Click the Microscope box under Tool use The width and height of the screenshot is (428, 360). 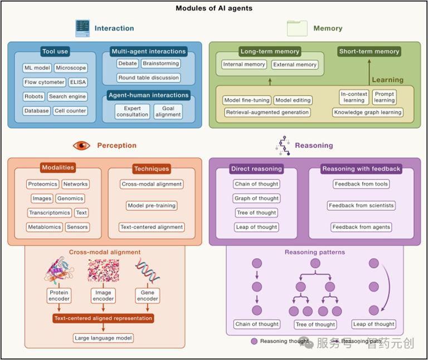(x=71, y=67)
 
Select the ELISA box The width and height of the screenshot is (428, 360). (x=78, y=82)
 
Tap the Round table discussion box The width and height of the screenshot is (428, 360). (x=149, y=78)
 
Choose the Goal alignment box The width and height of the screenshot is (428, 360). (x=168, y=111)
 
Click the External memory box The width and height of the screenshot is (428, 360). (x=295, y=65)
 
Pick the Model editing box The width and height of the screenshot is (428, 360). (x=293, y=100)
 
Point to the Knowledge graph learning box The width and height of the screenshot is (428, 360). (x=368, y=112)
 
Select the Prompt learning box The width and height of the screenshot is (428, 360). (x=385, y=97)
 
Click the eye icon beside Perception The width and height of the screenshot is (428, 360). (x=81, y=145)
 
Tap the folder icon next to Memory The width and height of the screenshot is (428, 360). (x=297, y=28)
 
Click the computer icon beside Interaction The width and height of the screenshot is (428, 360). (x=82, y=28)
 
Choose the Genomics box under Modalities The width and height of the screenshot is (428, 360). (x=70, y=198)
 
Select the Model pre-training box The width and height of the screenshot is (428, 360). (x=152, y=206)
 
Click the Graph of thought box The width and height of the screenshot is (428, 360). (x=256, y=198)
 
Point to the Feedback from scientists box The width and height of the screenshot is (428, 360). (x=361, y=206)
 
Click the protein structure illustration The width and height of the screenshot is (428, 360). (x=59, y=270)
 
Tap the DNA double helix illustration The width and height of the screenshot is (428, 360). (x=147, y=270)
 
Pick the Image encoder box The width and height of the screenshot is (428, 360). (x=103, y=296)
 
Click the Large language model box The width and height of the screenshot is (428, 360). (x=103, y=338)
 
